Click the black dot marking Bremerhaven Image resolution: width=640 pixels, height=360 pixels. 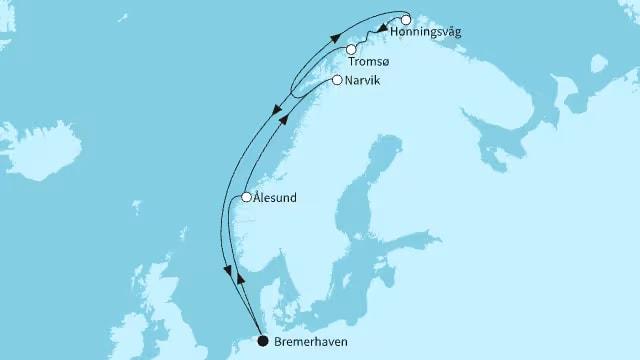[263, 341]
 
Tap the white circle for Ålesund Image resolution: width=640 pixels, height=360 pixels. [246, 198]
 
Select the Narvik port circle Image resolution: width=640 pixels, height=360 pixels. [337, 80]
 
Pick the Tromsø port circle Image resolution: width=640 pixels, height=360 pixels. [351, 49]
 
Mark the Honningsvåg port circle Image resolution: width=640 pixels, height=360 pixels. [406, 19]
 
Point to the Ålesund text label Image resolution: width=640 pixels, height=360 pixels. [276, 198]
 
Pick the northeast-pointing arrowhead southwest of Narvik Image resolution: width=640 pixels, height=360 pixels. [285, 117]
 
